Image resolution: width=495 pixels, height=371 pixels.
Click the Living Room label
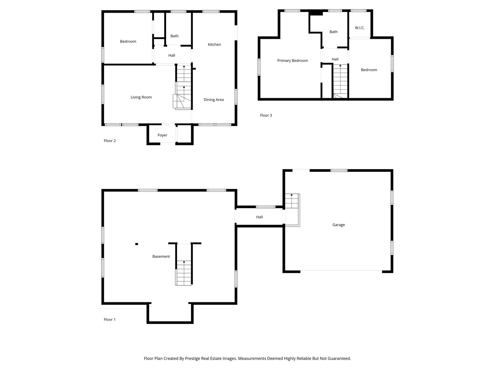click(141, 97)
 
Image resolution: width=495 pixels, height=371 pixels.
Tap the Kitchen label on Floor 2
click(214, 45)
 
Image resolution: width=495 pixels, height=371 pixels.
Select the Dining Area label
click(213, 100)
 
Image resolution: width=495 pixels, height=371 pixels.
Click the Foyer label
click(162, 135)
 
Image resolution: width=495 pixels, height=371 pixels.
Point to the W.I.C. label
click(360, 28)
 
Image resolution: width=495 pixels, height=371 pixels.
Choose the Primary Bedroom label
click(293, 61)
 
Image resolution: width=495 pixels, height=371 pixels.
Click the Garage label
click(338, 225)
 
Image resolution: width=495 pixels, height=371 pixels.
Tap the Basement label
click(161, 257)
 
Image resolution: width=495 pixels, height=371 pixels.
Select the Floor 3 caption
click(266, 115)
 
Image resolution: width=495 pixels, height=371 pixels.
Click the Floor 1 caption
click(110, 319)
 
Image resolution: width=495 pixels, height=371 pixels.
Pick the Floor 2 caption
click(110, 141)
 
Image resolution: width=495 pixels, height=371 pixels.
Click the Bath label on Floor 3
click(333, 32)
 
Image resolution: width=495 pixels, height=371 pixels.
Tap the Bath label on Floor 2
click(174, 36)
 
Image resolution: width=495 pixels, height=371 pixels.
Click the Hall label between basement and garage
click(259, 217)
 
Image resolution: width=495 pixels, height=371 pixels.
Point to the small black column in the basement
click(136, 244)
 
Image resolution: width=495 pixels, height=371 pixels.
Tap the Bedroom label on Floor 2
click(128, 42)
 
